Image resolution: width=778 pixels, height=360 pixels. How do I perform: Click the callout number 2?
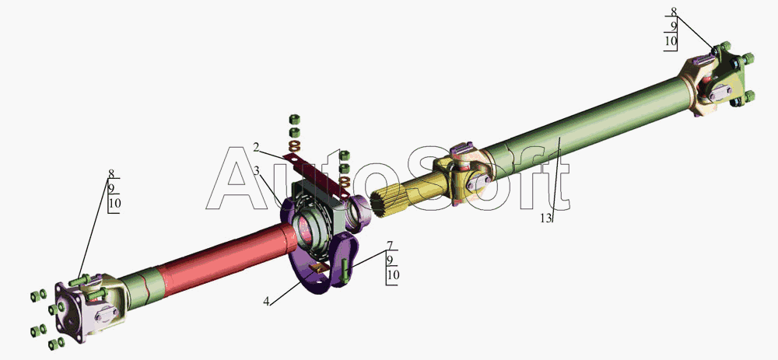pos(255,147)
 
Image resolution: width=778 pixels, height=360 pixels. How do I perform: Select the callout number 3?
pos(257,170)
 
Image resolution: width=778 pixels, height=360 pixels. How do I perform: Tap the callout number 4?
pos(266,301)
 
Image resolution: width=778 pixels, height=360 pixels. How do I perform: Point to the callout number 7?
pos(390,246)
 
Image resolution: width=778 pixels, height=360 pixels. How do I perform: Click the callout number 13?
pos(546,218)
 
